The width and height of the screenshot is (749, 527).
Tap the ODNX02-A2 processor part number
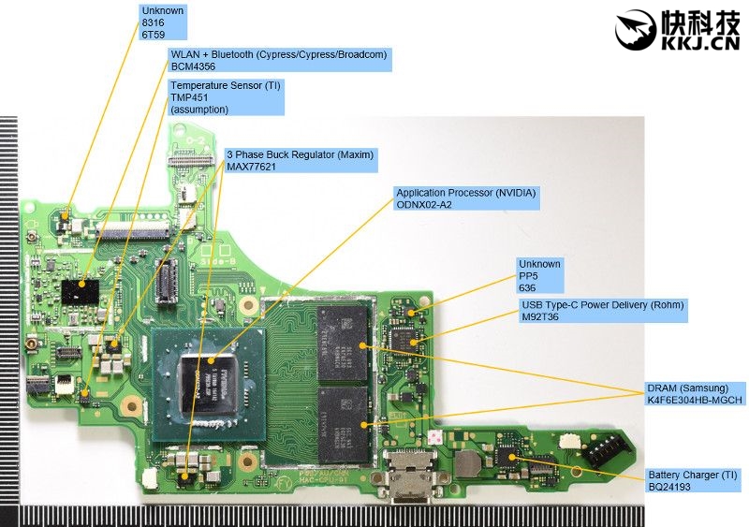coord(424,205)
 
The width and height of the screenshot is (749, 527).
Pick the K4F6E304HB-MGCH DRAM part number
coord(694,401)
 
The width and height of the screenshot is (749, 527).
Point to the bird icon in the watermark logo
coord(636,30)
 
